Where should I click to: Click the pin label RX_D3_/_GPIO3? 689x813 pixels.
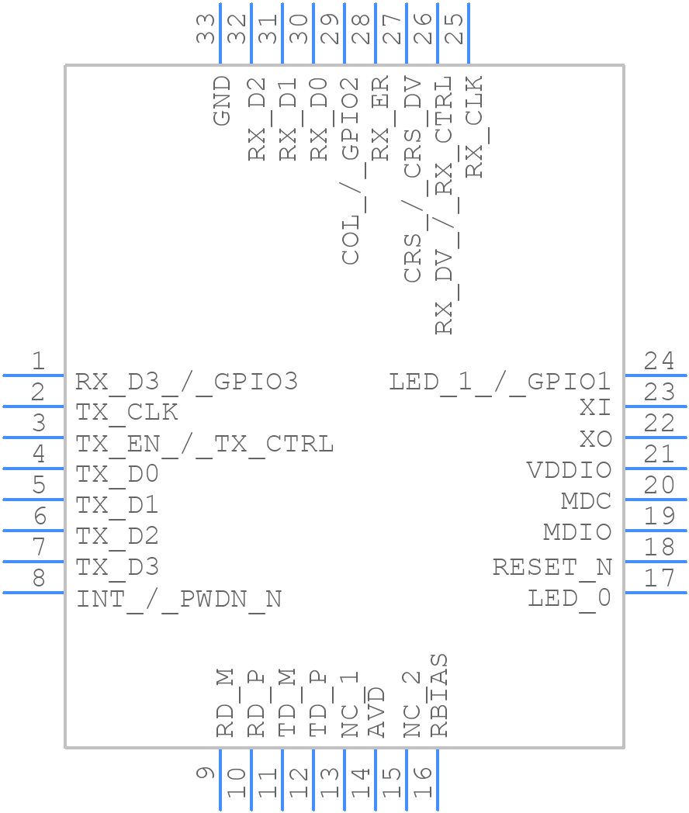pyautogui.click(x=186, y=382)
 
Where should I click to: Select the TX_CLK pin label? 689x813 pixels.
pyautogui.click(x=126, y=413)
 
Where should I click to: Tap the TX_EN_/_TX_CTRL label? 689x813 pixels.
pyautogui.click(x=205, y=444)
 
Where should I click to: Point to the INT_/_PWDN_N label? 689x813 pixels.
pyautogui.click(x=178, y=600)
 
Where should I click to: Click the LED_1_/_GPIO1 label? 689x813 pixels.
pyautogui.click(x=500, y=382)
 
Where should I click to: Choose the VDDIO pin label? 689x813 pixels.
pyautogui.click(x=569, y=470)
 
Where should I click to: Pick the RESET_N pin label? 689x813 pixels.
pyautogui.click(x=552, y=567)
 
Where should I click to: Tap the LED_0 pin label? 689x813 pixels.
pyautogui.click(x=570, y=598)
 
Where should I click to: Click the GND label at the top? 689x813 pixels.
pyautogui.click(x=222, y=100)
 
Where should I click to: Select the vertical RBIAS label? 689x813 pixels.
pyautogui.click(x=439, y=695)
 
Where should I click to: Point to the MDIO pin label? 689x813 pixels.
pyautogui.click(x=576, y=532)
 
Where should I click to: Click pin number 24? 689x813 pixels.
pyautogui.click(x=660, y=361)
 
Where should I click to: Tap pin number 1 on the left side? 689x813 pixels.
pyautogui.click(x=38, y=361)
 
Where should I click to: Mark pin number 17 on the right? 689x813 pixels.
pyautogui.click(x=660, y=578)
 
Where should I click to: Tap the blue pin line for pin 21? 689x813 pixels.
pyautogui.click(x=656, y=469)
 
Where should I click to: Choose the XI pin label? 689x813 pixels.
pyautogui.click(x=595, y=408)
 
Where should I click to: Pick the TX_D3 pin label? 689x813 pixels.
pyautogui.click(x=117, y=568)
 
